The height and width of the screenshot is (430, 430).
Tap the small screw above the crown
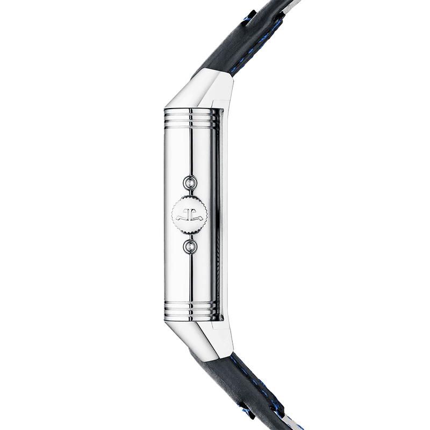[x=189, y=183]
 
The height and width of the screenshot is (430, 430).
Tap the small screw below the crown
[x=189, y=246]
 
